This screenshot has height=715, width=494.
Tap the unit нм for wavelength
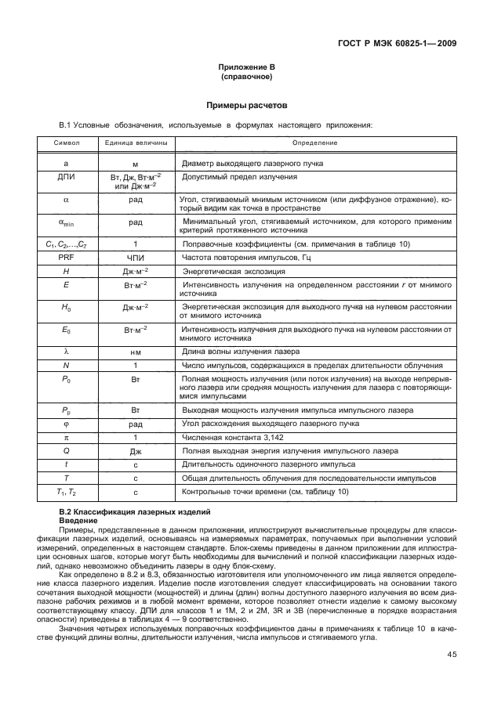[x=136, y=352]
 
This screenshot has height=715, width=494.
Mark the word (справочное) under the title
[x=246, y=78]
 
